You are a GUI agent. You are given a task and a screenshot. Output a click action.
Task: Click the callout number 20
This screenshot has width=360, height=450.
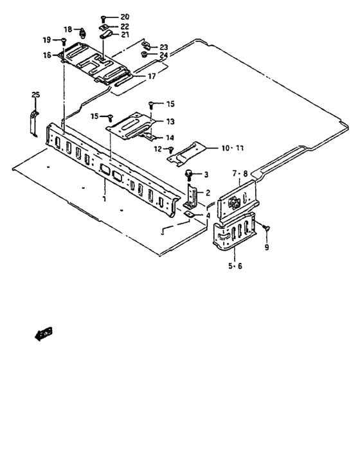[124, 16]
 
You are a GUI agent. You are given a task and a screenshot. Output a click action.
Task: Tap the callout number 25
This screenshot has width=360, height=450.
[35, 95]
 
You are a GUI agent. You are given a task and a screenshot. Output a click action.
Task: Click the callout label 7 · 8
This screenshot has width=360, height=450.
[239, 174]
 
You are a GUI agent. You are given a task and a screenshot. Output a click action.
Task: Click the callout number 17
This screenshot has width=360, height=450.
[152, 76]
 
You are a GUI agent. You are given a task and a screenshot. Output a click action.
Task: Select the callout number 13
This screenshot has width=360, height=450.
[170, 121]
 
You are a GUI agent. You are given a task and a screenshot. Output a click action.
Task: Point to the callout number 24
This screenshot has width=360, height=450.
[163, 55]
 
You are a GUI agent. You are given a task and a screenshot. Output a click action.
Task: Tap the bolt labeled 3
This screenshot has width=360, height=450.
[189, 174]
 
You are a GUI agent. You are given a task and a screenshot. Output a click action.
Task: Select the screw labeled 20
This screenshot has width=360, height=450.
[104, 17]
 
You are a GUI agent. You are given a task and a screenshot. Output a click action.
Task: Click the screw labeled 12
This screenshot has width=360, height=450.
[171, 150]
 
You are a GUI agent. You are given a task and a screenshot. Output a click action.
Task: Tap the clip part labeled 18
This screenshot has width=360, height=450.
[84, 32]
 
